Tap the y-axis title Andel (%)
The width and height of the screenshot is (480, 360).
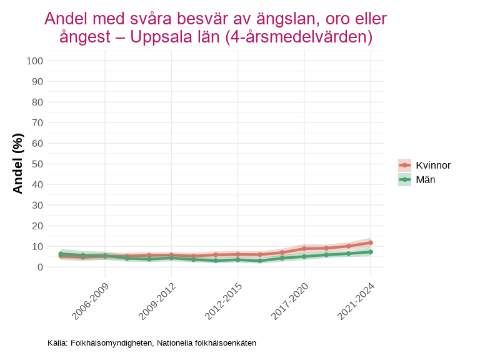18,164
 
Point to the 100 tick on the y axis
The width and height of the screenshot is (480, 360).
35,61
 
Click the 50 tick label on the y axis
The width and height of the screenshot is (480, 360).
37,164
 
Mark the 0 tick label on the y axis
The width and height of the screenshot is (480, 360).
40,267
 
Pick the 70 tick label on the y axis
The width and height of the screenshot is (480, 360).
37,122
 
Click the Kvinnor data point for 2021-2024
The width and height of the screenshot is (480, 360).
371,242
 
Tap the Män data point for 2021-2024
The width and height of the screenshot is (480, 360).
371,252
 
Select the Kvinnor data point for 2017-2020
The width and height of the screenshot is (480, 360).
304,249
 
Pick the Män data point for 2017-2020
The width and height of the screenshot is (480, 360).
304,256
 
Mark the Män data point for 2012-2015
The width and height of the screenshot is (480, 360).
237,259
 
